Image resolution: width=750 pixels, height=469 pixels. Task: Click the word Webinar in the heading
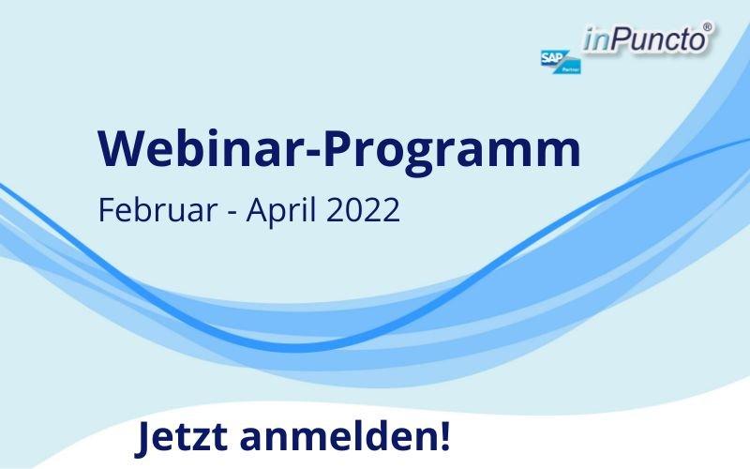201,148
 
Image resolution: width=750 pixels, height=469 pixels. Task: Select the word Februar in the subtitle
157,209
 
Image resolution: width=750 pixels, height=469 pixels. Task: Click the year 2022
362,209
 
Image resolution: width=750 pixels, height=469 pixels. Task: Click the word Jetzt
181,436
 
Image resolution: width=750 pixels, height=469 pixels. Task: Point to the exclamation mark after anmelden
443,435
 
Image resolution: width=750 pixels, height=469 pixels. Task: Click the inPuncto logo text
645,39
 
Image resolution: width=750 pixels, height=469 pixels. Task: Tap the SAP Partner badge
561,62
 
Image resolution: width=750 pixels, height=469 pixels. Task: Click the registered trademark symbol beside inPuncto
708,27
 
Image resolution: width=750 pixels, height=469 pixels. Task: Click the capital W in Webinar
120,148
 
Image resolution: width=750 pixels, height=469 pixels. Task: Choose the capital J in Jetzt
142,439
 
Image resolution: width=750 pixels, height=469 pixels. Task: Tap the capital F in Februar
107,209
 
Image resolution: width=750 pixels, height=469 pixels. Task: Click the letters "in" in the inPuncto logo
596,39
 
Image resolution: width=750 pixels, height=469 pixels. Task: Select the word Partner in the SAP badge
571,69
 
